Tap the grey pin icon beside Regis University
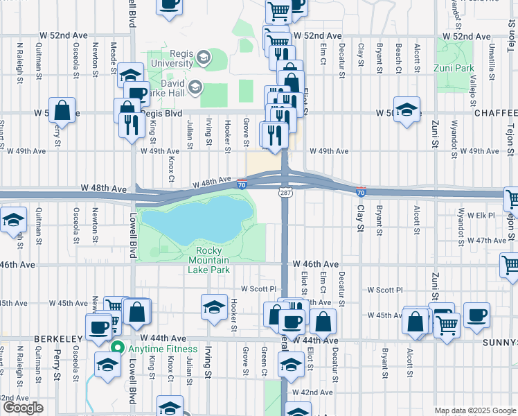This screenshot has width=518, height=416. pyautogui.click(x=204, y=58)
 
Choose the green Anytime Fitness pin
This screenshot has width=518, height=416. pyautogui.click(x=118, y=349)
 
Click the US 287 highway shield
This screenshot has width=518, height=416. pyautogui.click(x=285, y=192)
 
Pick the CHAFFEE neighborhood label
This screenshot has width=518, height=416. pyautogui.click(x=496, y=113)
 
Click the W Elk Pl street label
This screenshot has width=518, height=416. pyautogui.click(x=481, y=216)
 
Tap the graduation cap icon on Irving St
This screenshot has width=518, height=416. pyautogui.click(x=215, y=305)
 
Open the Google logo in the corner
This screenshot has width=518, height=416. pyautogui.click(x=23, y=408)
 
